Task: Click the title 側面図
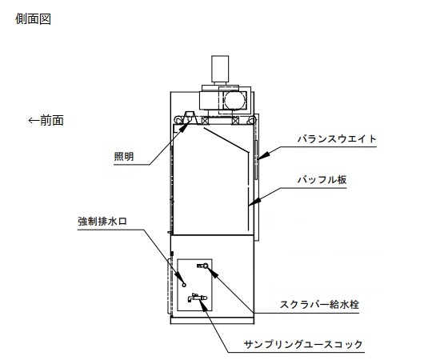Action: pos(33,19)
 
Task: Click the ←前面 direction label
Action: pos(46,120)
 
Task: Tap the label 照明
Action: pos(124,157)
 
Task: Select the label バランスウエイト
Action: pos(337,138)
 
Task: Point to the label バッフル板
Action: pos(322,180)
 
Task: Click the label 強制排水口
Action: pos(102,221)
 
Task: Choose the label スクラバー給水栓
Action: pos(319,305)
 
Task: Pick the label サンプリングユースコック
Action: pos(303,344)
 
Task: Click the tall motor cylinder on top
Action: pos(220,69)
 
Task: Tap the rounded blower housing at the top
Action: pos(234,100)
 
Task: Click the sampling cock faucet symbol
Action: pos(197,298)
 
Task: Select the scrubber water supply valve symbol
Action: pos(202,266)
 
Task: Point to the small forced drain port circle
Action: pos(184,285)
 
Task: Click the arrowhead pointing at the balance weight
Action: pos(263,156)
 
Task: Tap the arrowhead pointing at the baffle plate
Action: pos(254,202)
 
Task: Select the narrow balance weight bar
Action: pos(257,160)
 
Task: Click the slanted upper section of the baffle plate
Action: pos(226,140)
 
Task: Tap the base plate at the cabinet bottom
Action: pos(212,321)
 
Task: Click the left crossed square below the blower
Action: pos(205,121)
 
